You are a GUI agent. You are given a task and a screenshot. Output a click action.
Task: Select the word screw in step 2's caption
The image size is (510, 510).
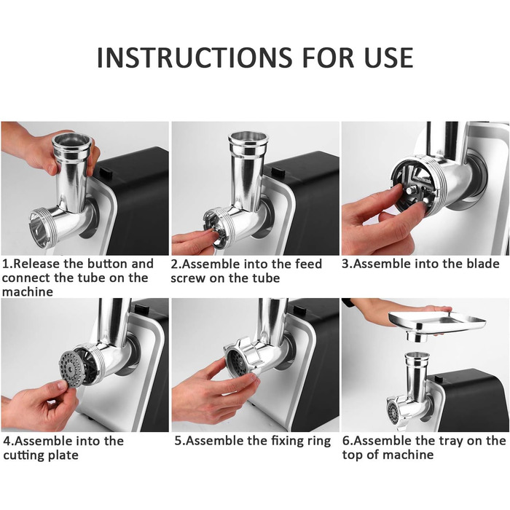click(188, 278)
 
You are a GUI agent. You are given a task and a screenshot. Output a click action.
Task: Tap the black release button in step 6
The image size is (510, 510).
click(439, 378)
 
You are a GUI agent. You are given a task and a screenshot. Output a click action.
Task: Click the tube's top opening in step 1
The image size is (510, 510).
click(71, 140)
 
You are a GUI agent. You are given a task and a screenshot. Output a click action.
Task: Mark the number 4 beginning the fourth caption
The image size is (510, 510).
click(7, 442)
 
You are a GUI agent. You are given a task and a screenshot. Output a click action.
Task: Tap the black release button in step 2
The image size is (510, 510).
click(278, 171)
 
